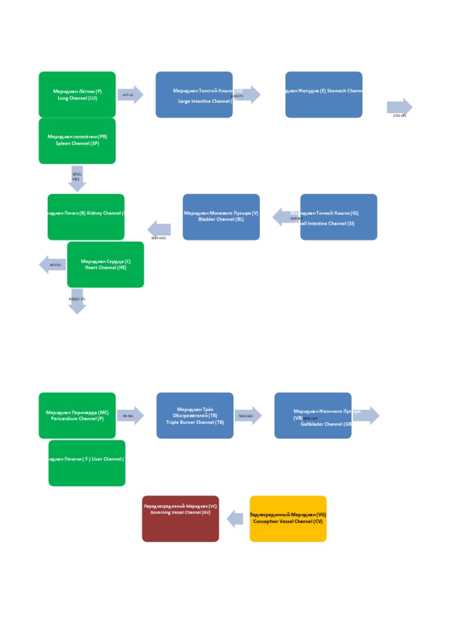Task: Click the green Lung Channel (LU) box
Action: (x=77, y=94)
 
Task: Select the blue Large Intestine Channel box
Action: (x=194, y=94)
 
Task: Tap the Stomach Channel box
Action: (x=324, y=94)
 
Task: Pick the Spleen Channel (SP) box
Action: (x=77, y=141)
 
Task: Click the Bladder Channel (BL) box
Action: (x=221, y=217)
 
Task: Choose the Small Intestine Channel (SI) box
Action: (x=338, y=217)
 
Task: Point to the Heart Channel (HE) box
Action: (x=106, y=265)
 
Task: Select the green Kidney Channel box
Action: (x=86, y=217)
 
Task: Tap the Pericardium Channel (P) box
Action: (x=77, y=415)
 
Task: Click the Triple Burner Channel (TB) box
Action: (x=195, y=415)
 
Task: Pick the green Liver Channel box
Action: (x=86, y=463)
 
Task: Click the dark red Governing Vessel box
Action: (x=180, y=519)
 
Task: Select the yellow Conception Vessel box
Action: (x=288, y=519)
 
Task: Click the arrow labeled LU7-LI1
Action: (x=130, y=95)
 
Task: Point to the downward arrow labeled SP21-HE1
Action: (x=77, y=178)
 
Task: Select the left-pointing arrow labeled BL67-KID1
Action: (x=159, y=229)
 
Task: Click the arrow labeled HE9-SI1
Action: (x=53, y=265)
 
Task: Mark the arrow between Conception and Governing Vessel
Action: (x=235, y=519)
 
